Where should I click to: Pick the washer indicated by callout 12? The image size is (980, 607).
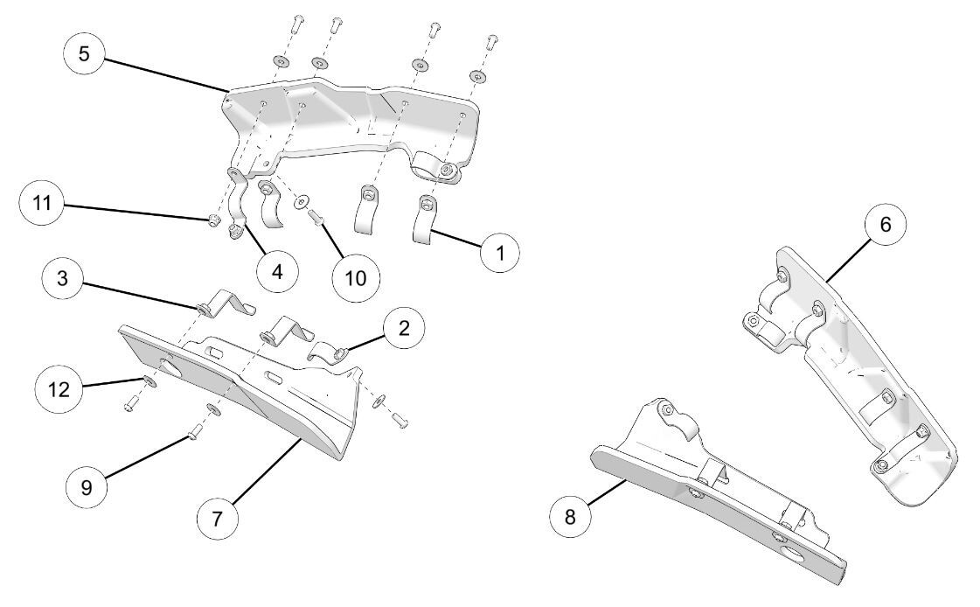click(x=149, y=381)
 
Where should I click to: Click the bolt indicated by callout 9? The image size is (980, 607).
click(x=194, y=429)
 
